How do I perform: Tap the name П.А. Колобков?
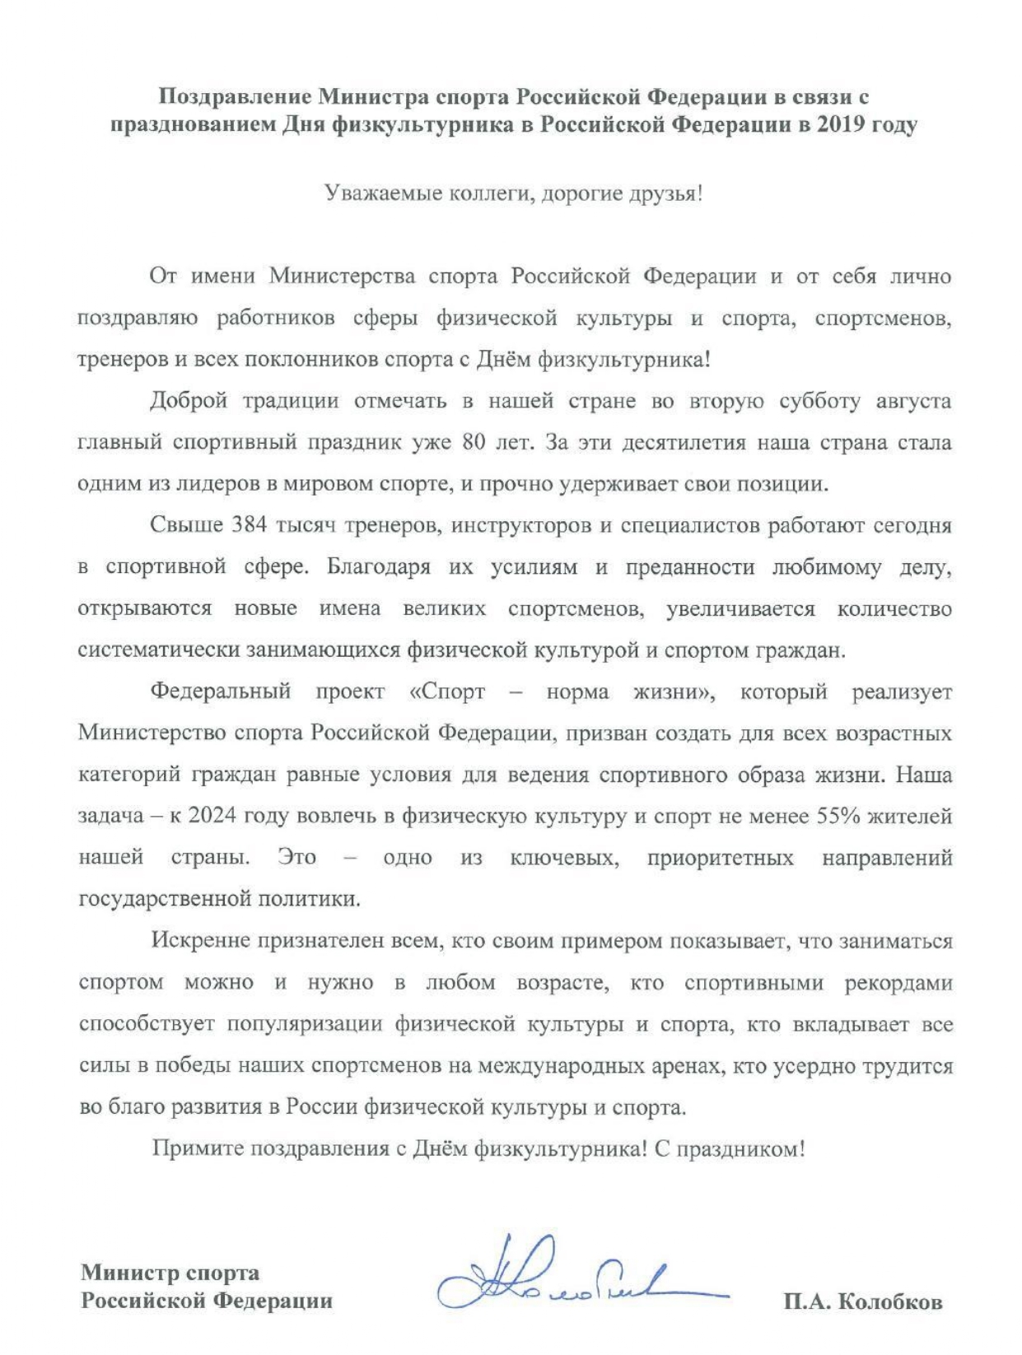pyautogui.click(x=862, y=1302)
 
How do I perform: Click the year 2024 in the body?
pyautogui.click(x=212, y=816)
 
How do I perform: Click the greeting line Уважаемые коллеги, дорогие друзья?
pyautogui.click(x=514, y=194)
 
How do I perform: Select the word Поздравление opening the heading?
pyautogui.click(x=235, y=97)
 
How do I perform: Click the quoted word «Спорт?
pyautogui.click(x=446, y=691)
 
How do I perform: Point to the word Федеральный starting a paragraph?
pyautogui.click(x=220, y=691)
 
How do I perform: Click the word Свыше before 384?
pyautogui.click(x=186, y=525)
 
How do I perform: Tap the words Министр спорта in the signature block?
pyautogui.click(x=170, y=1273)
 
